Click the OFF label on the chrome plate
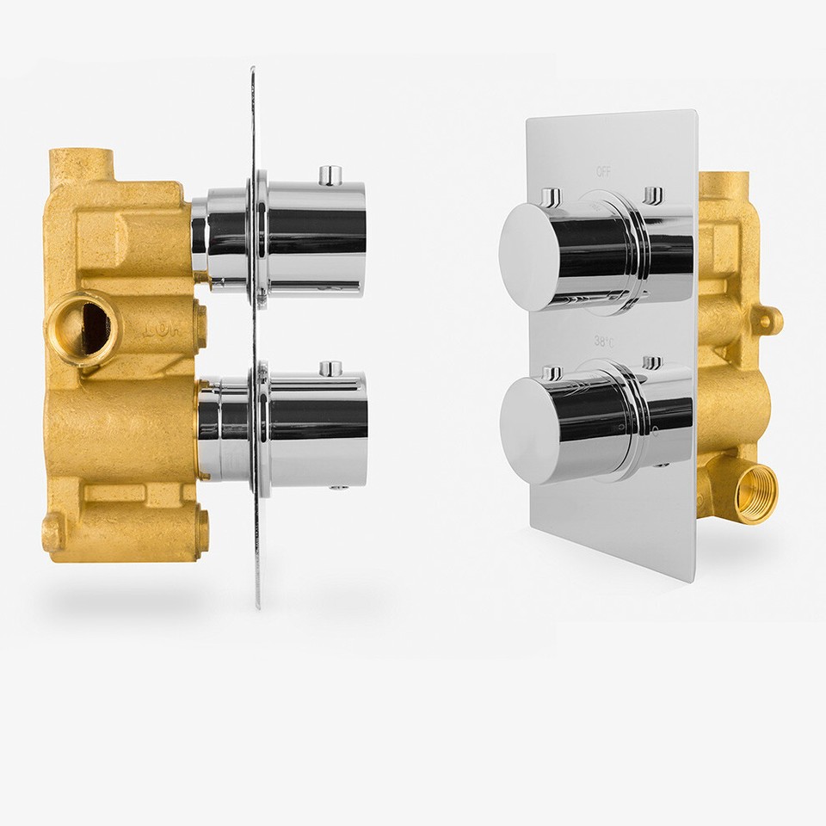point(604,171)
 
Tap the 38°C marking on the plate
point(604,342)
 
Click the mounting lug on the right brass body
point(768,320)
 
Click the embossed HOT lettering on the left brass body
point(157,329)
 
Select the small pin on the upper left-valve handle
point(330,175)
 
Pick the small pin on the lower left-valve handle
point(330,368)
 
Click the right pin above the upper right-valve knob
point(654,194)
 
